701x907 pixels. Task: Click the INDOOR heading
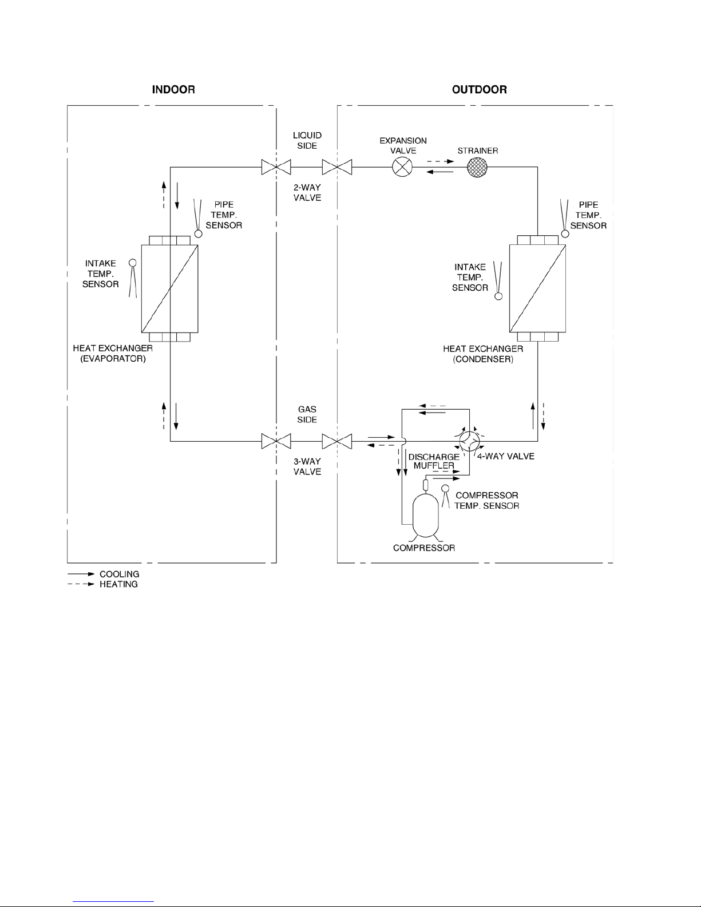173,90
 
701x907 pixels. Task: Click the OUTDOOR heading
480,90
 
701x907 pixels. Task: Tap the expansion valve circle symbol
402,167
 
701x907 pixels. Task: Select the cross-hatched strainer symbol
477,167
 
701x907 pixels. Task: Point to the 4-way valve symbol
470,441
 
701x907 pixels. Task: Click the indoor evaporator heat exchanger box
169,288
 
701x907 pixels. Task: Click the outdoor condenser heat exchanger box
537,288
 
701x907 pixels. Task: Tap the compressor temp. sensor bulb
445,488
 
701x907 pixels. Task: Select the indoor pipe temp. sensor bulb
199,233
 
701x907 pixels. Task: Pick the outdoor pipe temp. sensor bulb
565,233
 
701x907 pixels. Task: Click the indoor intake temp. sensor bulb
132,263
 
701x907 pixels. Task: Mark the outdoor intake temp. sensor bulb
498,296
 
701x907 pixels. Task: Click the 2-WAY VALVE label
307,193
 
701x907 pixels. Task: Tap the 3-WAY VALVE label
307,466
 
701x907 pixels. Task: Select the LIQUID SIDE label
307,141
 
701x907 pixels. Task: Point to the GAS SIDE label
307,414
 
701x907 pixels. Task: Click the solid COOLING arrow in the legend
81,575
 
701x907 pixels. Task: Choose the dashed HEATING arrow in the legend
81,584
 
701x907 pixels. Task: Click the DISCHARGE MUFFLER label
434,461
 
